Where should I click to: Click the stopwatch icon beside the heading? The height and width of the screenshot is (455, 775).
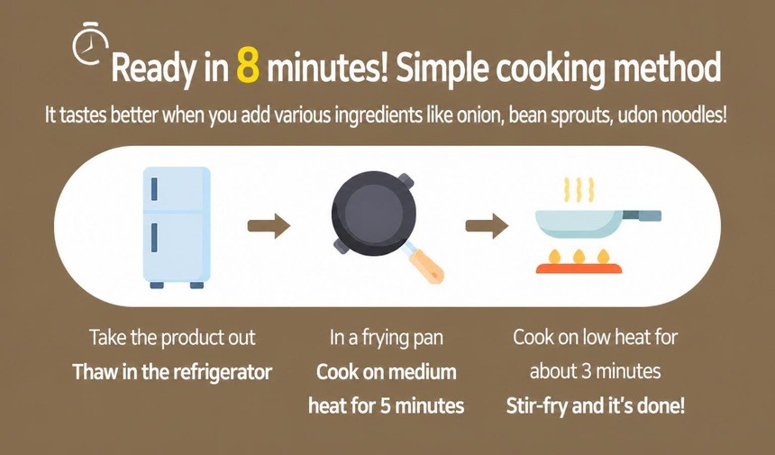90,43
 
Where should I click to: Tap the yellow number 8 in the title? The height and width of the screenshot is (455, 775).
248,68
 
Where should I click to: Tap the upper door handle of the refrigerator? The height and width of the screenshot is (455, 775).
154,188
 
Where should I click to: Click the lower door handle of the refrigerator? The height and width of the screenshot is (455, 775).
154,238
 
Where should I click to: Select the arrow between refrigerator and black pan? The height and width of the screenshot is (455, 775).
269,226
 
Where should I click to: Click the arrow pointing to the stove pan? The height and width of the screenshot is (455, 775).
487,226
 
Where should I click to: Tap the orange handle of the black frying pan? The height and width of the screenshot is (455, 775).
426,266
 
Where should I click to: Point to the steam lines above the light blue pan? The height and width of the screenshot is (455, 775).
579,190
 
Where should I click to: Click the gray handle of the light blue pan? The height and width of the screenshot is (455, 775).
642,215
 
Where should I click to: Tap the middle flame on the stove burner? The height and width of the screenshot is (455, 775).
579,256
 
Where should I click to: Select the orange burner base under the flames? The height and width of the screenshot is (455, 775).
579,268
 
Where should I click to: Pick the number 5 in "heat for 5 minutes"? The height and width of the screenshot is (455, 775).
386,406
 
